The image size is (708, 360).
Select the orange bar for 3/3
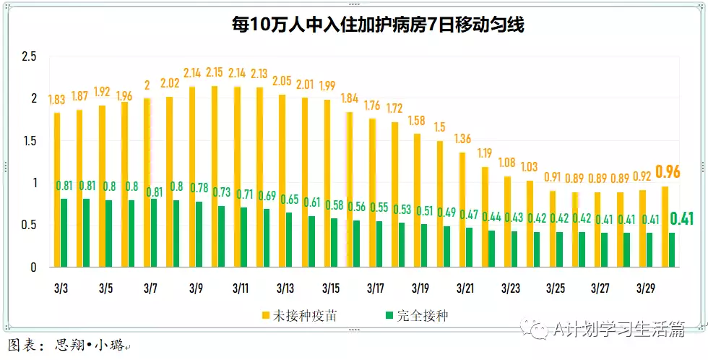coord(57,189)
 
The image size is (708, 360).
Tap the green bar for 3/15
coord(334,243)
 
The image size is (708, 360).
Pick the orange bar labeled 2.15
coord(214,176)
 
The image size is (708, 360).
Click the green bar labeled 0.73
coord(221,236)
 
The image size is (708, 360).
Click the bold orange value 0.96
coord(668,172)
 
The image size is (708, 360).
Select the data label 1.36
coord(465,139)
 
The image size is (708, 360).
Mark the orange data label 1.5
coord(440,127)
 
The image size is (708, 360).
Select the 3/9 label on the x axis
coord(196,288)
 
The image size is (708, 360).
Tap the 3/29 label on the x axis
coord(646,288)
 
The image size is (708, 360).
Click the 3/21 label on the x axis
coord(466,288)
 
